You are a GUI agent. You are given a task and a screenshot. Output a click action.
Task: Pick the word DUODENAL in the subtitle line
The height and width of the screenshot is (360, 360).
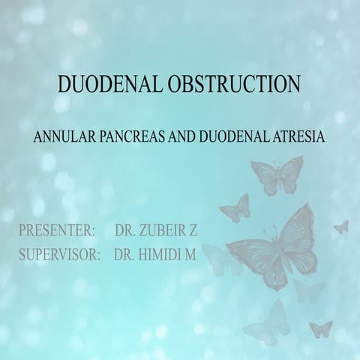(230, 139)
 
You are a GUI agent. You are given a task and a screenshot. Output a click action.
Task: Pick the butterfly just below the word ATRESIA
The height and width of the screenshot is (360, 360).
(277, 176)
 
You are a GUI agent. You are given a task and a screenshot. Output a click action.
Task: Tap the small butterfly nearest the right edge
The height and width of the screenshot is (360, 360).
(341, 226)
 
